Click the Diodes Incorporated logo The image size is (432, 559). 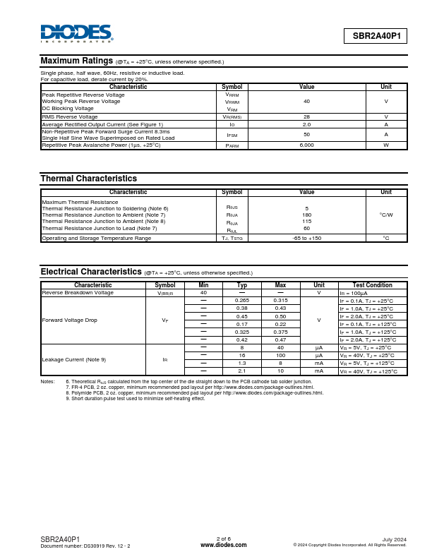(76, 33)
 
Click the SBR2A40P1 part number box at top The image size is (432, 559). (376, 36)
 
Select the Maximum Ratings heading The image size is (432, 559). (76, 61)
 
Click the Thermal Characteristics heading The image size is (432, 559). (88, 179)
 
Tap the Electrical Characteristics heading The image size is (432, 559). (91, 272)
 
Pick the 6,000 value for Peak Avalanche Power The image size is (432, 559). (306, 145)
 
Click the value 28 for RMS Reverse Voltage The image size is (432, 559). (306, 116)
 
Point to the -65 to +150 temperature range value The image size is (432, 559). (306, 238)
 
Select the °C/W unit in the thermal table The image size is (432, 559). (386, 215)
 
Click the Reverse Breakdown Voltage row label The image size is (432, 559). (78, 292)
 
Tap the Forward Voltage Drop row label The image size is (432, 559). (70, 320)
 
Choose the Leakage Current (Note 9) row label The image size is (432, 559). (74, 359)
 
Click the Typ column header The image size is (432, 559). (241, 285)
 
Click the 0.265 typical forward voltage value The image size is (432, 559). (241, 301)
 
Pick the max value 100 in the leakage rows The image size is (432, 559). (280, 355)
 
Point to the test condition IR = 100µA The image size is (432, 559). (358, 292)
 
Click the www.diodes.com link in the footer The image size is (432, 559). (223, 545)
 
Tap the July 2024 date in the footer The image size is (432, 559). (395, 539)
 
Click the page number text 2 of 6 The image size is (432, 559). (223, 539)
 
